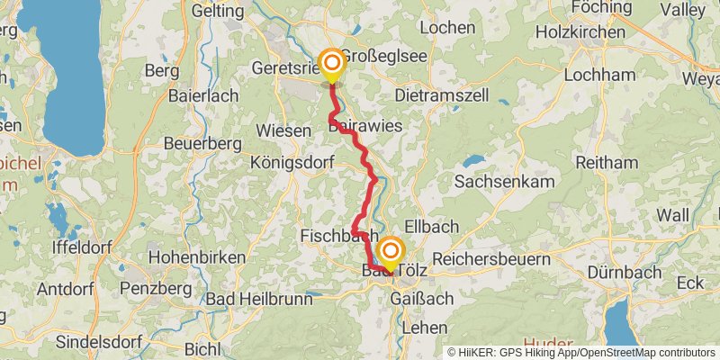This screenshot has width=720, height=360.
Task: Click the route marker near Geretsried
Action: (332, 63)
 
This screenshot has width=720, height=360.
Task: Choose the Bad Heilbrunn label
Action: (249, 298)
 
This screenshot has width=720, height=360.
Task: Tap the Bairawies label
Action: (364, 126)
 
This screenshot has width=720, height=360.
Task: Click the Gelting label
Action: (217, 12)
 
